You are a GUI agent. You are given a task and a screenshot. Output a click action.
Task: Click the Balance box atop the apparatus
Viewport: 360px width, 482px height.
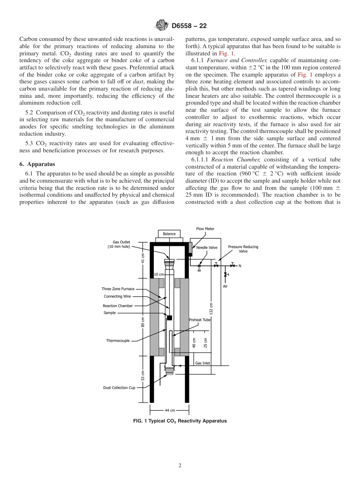pyautogui.click(x=169, y=234)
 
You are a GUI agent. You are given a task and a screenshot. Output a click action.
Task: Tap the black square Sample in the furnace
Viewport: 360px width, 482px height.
pyautogui.click(x=169, y=318)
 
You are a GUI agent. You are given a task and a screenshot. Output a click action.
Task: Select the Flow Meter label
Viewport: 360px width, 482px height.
pyautogui.click(x=205, y=229)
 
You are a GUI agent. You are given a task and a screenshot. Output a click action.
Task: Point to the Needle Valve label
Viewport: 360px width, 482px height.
pyautogui.click(x=207, y=247)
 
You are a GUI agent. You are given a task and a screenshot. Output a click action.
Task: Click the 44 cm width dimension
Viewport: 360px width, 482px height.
pyautogui.click(x=169, y=410)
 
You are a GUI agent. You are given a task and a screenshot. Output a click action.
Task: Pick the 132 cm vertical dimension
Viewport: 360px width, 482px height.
pyautogui.click(x=211, y=309)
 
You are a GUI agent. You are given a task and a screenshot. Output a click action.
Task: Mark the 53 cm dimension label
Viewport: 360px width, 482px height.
pyautogui.click(x=143, y=377)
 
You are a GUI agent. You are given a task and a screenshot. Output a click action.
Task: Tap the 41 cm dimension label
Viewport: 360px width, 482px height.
pyautogui.click(x=143, y=257)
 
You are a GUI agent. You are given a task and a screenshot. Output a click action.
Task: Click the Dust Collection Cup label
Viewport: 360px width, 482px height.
pyautogui.click(x=119, y=388)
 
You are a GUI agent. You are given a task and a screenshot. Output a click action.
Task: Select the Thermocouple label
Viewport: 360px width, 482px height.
pyautogui.click(x=118, y=341)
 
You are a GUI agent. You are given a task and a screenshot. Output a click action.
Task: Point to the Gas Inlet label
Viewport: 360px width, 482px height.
pyautogui.click(x=203, y=363)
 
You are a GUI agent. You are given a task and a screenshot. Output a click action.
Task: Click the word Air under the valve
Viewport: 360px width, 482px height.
pyautogui.click(x=225, y=286)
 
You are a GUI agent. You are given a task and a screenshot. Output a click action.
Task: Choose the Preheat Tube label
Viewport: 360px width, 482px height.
pyautogui.click(x=200, y=320)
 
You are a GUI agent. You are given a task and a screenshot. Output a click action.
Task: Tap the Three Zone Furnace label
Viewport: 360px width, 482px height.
pyautogui.click(x=118, y=289)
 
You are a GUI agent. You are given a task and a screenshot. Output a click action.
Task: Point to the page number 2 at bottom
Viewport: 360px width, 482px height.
pyautogui.click(x=180, y=466)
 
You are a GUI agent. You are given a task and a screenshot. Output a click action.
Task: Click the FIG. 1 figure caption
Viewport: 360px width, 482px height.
pyautogui.click(x=180, y=421)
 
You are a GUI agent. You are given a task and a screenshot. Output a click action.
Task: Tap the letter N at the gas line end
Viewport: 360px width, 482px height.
pyautogui.click(x=239, y=266)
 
